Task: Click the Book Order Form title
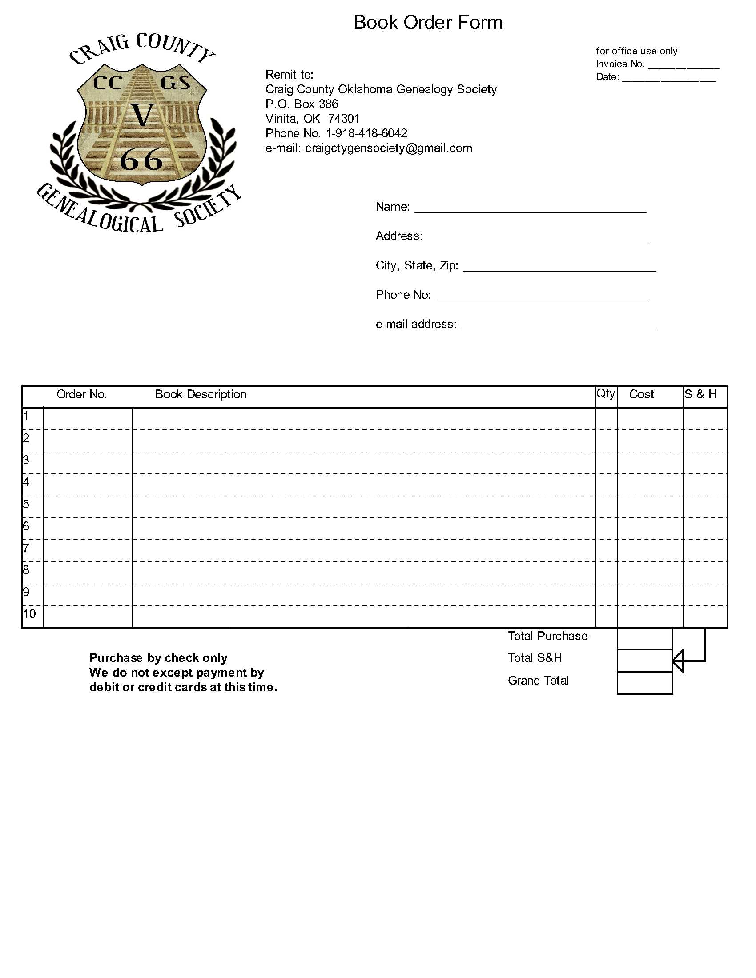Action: [428, 22]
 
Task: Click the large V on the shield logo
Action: [142, 115]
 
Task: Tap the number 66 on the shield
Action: [141, 160]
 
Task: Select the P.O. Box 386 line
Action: [302, 104]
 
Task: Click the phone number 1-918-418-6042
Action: [366, 133]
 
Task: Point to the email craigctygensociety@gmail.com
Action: [388, 148]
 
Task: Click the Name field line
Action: [530, 209]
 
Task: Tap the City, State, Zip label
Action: [417, 265]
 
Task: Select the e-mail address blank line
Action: [558, 327]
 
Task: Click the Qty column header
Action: [606, 393]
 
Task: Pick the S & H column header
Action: [700, 394]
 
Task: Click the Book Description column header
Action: [201, 394]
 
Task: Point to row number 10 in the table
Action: [29, 614]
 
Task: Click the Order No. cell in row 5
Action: [88, 506]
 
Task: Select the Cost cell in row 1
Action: [650, 419]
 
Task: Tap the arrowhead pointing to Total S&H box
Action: [678, 661]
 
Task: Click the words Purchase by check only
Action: [158, 658]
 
